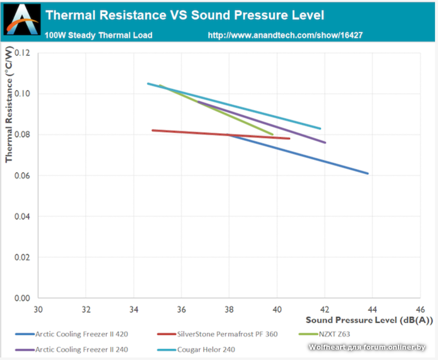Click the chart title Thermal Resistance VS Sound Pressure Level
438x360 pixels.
click(x=185, y=15)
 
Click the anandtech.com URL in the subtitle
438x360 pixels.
click(x=285, y=36)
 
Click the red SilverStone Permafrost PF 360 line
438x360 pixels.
click(x=186, y=132)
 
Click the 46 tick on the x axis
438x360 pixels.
click(x=420, y=308)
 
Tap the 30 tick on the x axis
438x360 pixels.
click(x=38, y=308)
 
